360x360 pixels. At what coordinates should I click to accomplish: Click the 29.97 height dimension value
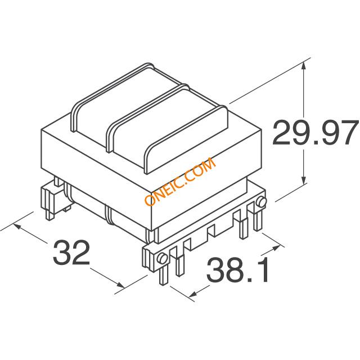tap(315, 133)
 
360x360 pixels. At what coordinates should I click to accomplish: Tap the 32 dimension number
tap(71, 253)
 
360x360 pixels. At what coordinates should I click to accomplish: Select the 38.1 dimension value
tap(237, 269)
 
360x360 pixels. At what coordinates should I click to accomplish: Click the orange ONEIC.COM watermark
tap(181, 181)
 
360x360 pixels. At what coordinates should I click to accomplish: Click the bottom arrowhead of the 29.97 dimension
tap(304, 179)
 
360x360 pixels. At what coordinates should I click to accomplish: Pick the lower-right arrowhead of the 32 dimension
tap(121, 285)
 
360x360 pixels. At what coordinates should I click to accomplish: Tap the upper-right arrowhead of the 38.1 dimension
tap(276, 248)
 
